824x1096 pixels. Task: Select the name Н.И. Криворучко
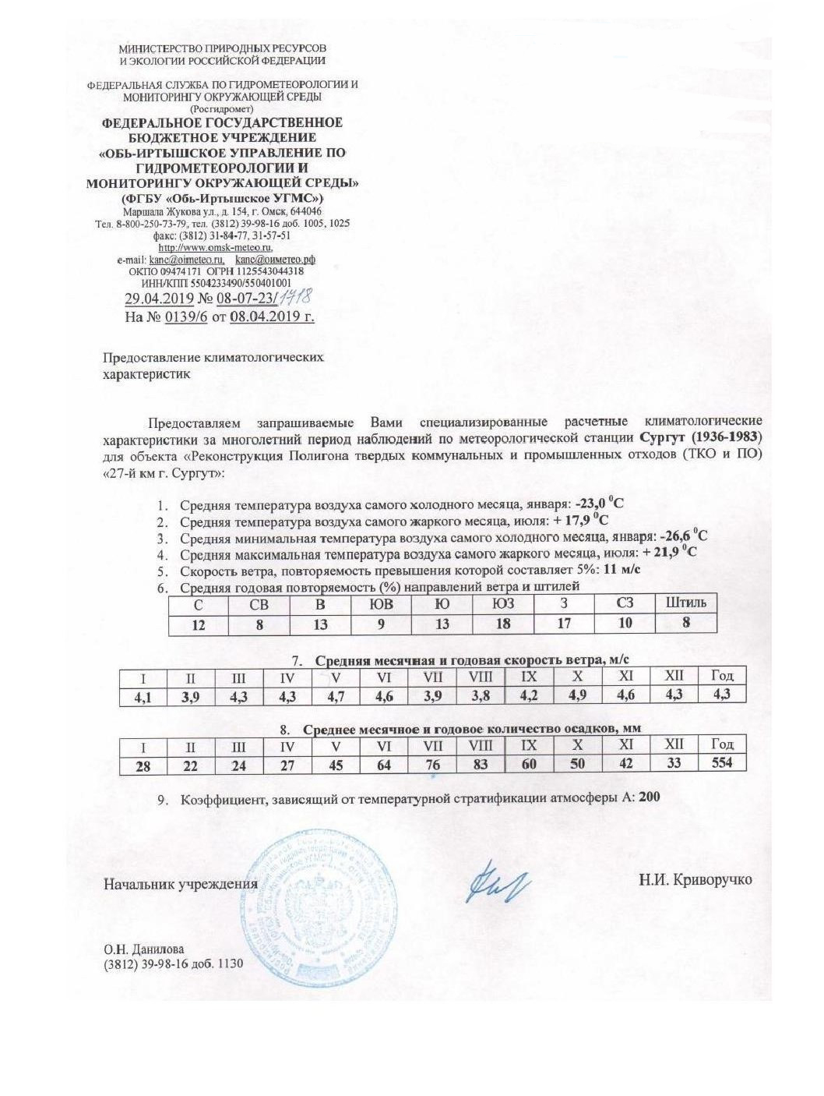pos(695,879)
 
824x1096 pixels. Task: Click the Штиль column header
pos(686,603)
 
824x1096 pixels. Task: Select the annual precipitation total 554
pos(722,762)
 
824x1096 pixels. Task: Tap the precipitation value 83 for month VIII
pos(481,764)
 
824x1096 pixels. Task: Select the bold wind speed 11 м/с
pos(622,568)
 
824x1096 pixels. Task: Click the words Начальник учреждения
pos(181,884)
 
